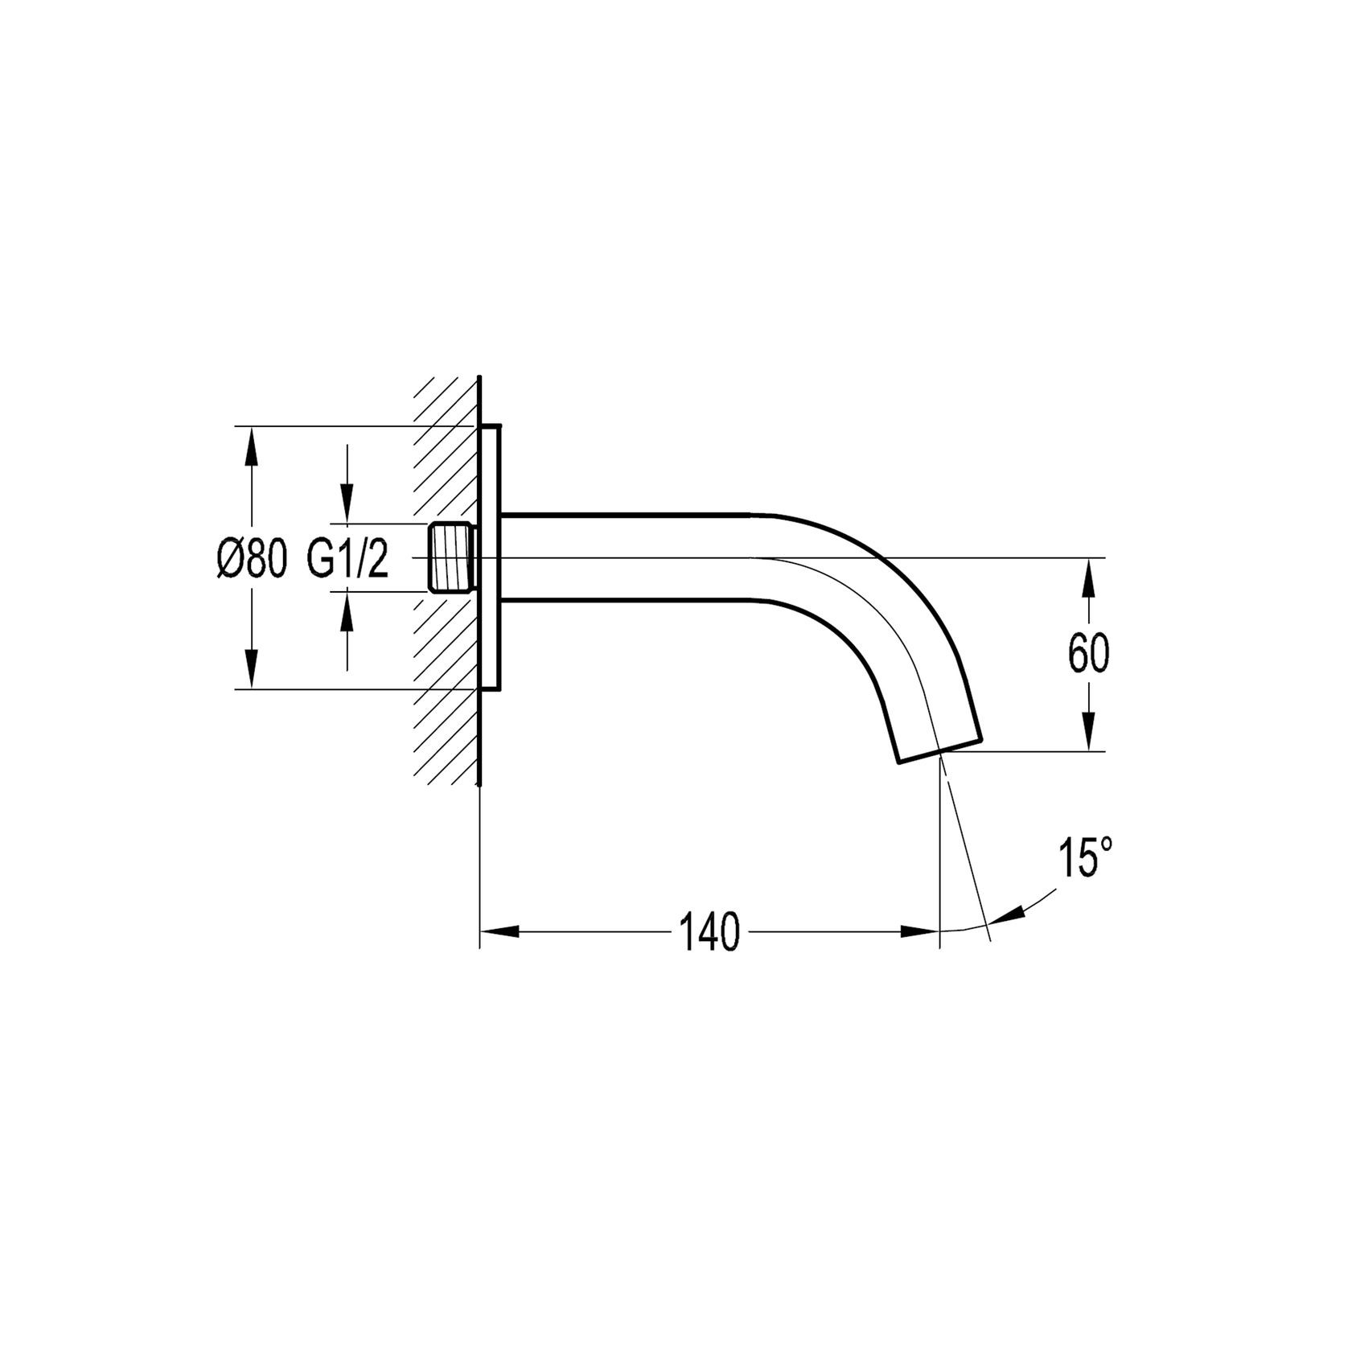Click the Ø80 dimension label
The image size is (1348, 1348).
pyautogui.click(x=251, y=557)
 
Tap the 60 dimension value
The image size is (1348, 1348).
pyautogui.click(x=1088, y=655)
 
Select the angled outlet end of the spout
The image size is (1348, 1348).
pyautogui.click(x=939, y=749)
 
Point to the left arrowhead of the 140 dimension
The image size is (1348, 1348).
pyautogui.click(x=499, y=932)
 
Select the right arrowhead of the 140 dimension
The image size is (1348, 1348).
pyautogui.click(x=921, y=932)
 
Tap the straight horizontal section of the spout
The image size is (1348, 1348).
pyautogui.click(x=627, y=557)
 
